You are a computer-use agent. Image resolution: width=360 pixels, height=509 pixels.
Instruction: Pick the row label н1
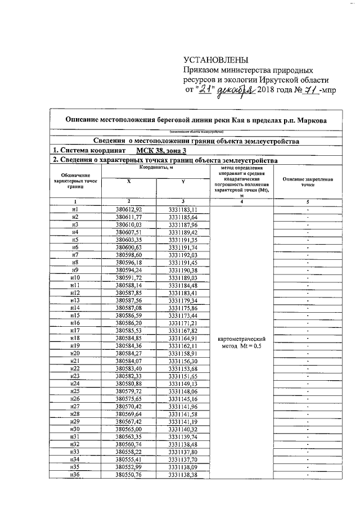(75, 209)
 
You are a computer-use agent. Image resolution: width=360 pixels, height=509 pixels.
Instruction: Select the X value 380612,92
(128, 209)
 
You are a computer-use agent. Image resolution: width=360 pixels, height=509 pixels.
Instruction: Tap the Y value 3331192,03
(183, 255)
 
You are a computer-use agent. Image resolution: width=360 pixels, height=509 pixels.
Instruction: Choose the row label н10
(75, 278)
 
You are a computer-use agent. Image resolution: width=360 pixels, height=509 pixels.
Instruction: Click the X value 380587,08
(128, 308)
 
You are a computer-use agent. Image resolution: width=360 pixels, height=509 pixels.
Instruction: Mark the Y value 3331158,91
(183, 354)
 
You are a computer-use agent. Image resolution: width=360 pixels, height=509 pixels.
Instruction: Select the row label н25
(75, 391)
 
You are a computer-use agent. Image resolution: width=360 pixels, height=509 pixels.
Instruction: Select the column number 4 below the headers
(241, 201)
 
